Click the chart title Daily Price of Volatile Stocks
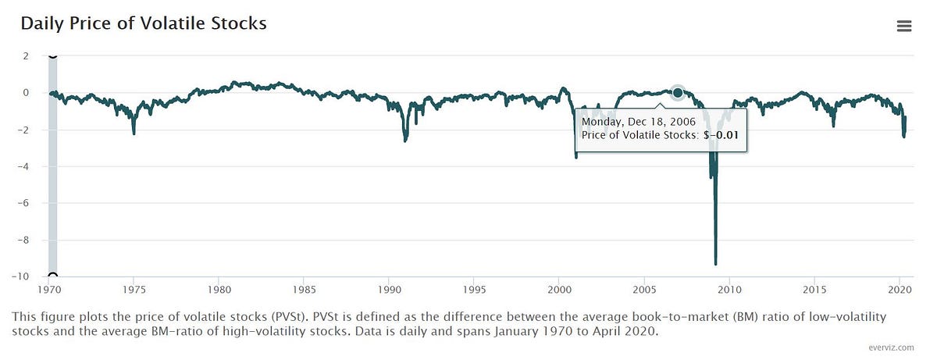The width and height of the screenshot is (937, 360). [144, 23]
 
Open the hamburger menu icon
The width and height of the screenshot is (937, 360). [904, 26]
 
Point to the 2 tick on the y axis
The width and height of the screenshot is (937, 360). [26, 56]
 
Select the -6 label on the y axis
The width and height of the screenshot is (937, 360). [23, 203]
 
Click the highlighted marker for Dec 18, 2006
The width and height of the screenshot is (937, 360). [678, 93]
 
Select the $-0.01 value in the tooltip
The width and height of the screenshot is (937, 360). [722, 135]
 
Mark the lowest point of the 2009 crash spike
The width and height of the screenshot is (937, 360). [715, 264]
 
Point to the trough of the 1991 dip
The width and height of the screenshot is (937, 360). [405, 140]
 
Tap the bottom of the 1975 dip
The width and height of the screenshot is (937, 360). [134, 133]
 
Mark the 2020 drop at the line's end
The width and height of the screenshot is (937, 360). [903, 136]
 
